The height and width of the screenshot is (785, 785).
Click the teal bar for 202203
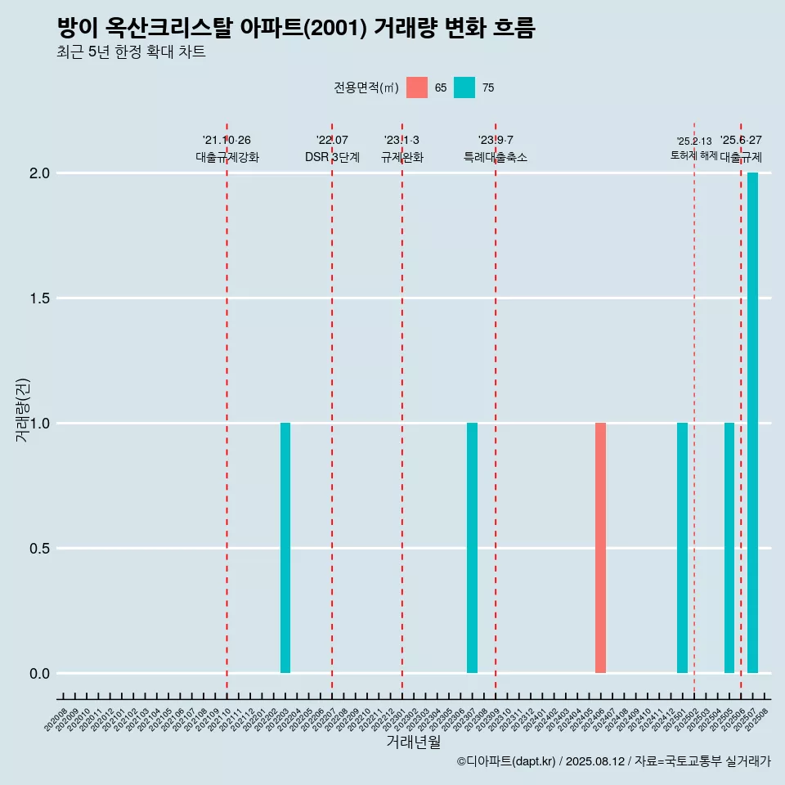pos(285,548)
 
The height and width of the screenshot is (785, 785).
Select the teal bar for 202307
pos(472,548)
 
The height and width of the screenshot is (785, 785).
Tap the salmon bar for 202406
pos(600,548)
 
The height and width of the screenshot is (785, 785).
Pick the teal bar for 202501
pos(682,548)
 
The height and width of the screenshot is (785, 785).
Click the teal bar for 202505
pos(729,548)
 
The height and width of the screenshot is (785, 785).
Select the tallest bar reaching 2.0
pos(752,423)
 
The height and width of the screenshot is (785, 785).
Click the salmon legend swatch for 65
pos(417,87)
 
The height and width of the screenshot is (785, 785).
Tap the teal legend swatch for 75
pos(464,87)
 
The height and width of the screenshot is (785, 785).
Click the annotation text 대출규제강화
pos(227,157)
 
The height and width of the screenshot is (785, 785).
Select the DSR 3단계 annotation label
pos(332,157)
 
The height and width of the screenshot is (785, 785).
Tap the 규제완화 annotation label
pos(402,157)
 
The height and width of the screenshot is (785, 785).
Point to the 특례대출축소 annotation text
pos(496,157)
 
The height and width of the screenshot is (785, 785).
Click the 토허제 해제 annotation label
pos(693,155)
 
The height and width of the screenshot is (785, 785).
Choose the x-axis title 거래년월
pos(413,742)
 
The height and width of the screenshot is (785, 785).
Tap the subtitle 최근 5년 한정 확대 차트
pos(131,52)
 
